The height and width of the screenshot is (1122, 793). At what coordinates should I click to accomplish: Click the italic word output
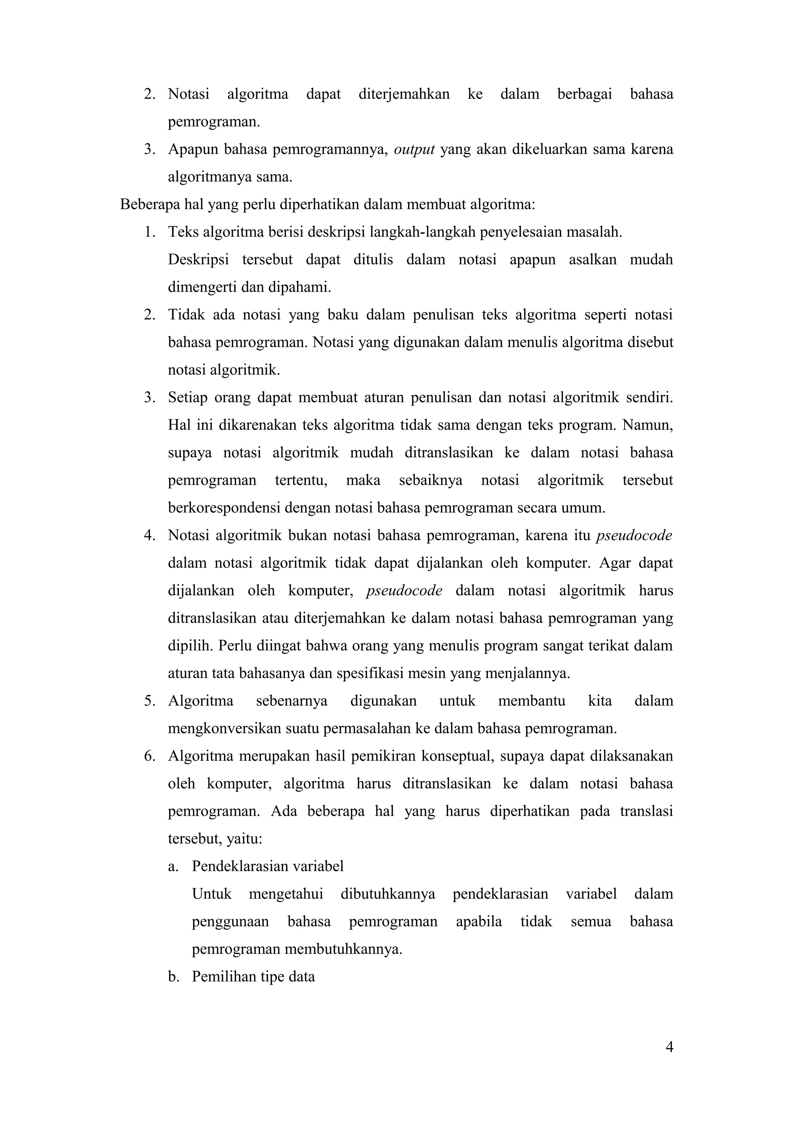(414, 149)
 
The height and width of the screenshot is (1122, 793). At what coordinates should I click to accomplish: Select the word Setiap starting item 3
(188, 397)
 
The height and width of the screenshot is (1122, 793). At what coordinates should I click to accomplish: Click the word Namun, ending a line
(647, 425)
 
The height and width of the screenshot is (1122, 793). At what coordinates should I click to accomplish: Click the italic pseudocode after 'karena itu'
(634, 535)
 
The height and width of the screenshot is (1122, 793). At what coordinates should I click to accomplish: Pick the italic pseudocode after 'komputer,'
(404, 591)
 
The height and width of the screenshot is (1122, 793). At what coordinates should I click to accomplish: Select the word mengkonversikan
(224, 729)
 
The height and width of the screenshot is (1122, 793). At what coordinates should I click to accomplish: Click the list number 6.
(149, 757)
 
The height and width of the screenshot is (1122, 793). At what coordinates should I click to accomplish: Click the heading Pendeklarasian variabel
(267, 866)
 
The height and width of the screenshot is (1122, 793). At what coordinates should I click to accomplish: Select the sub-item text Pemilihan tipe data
(253, 977)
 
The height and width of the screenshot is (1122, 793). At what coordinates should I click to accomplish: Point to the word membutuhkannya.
(343, 949)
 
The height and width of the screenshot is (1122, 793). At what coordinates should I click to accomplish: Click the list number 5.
(149, 701)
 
